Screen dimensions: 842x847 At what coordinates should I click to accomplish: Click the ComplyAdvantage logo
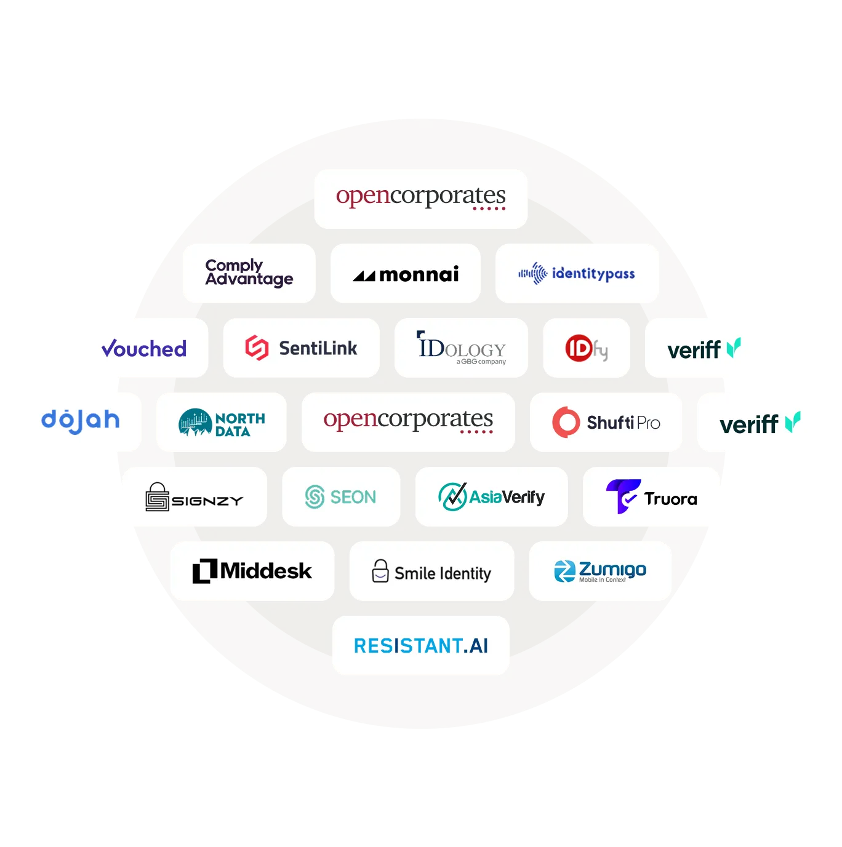coord(249,272)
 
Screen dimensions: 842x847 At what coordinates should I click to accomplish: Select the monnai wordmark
coord(419,274)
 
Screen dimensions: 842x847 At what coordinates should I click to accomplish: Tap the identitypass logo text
coord(593,274)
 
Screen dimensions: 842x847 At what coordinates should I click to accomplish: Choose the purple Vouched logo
coord(144,349)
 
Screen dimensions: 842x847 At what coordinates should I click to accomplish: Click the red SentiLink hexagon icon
coord(257,348)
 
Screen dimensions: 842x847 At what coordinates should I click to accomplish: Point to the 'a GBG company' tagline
coord(481,362)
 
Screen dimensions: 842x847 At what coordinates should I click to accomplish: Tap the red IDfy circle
coord(579,348)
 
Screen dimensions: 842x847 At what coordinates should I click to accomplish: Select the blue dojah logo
coord(80,421)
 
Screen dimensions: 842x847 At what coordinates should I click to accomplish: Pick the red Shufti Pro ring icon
coord(566,422)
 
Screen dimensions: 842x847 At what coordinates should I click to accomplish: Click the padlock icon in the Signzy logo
coord(157,497)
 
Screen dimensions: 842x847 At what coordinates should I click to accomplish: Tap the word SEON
coord(353,497)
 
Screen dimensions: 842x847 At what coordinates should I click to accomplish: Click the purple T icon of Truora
coord(622,496)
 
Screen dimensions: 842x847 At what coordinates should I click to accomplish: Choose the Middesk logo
coord(252,571)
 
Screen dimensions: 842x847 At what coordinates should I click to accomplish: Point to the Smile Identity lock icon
coord(380,571)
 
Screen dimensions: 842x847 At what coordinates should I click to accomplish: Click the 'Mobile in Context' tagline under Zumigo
coord(602,580)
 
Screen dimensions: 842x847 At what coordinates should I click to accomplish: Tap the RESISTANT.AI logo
coord(421,646)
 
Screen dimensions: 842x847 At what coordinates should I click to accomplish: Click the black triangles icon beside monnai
coord(364,276)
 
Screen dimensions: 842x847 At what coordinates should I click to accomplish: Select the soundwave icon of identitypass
coord(533,273)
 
